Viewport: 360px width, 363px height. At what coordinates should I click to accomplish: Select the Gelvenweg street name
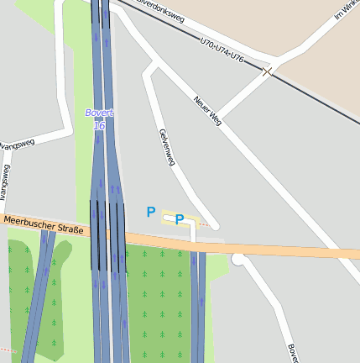pos(165,147)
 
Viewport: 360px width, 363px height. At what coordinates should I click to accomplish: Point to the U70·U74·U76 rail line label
pos(222,49)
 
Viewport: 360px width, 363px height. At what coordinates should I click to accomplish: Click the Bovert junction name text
pos(98,113)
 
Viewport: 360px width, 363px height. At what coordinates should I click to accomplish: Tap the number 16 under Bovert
pos(99,125)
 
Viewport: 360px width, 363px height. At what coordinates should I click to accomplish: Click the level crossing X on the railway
pos(267,72)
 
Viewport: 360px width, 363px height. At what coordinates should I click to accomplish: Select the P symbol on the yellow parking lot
pos(180,219)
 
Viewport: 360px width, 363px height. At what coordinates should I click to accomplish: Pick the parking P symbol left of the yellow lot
pos(151,213)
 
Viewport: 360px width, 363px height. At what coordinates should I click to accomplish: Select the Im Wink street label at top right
pos(346,8)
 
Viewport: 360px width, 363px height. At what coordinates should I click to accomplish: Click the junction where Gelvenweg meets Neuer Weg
pos(151,66)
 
